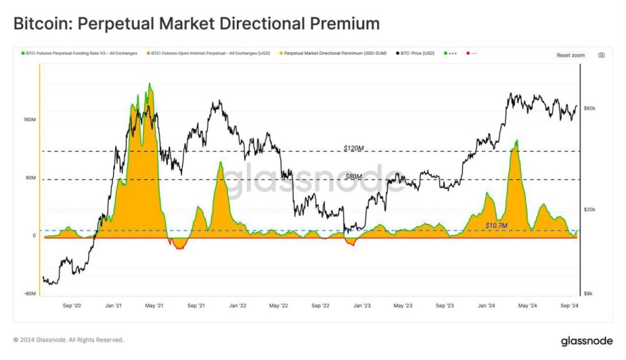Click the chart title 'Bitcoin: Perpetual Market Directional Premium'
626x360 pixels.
196,24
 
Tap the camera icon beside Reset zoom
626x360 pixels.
601,56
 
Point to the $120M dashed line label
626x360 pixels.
353,148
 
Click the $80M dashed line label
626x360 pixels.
353,176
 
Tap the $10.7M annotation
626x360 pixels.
496,225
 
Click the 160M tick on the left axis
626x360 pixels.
29,120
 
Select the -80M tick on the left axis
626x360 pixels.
29,294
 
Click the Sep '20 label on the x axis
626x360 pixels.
72,306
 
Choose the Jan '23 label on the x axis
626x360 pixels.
362,306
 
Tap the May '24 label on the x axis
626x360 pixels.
527,306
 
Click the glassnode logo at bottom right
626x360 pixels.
586,341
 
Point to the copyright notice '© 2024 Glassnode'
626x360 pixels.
68,340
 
